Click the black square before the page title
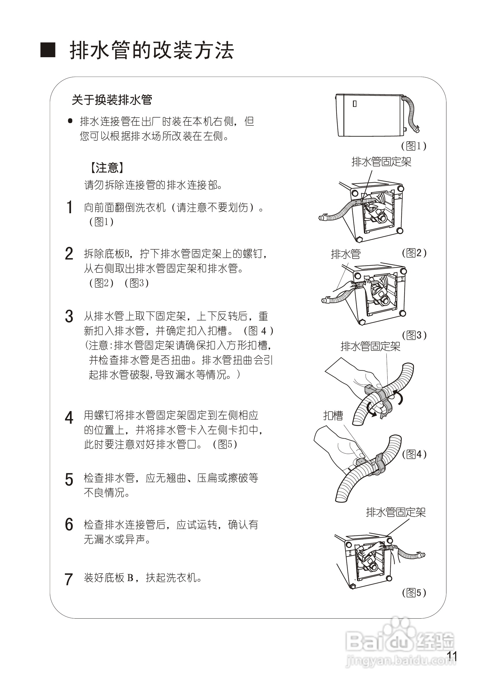point(48,50)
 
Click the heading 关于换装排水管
point(112,100)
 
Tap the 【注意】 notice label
point(107,168)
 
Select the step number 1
point(69,207)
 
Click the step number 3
point(69,316)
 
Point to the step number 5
point(69,479)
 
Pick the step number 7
point(69,579)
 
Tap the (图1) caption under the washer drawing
point(414,146)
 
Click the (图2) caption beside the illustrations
point(414,253)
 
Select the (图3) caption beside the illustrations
point(414,335)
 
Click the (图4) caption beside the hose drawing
point(414,454)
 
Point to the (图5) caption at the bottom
point(414,592)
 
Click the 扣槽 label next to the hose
point(333,416)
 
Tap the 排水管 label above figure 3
point(346,254)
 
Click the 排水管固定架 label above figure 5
point(396,512)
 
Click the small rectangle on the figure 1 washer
point(355,104)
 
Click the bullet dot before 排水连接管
point(70,121)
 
